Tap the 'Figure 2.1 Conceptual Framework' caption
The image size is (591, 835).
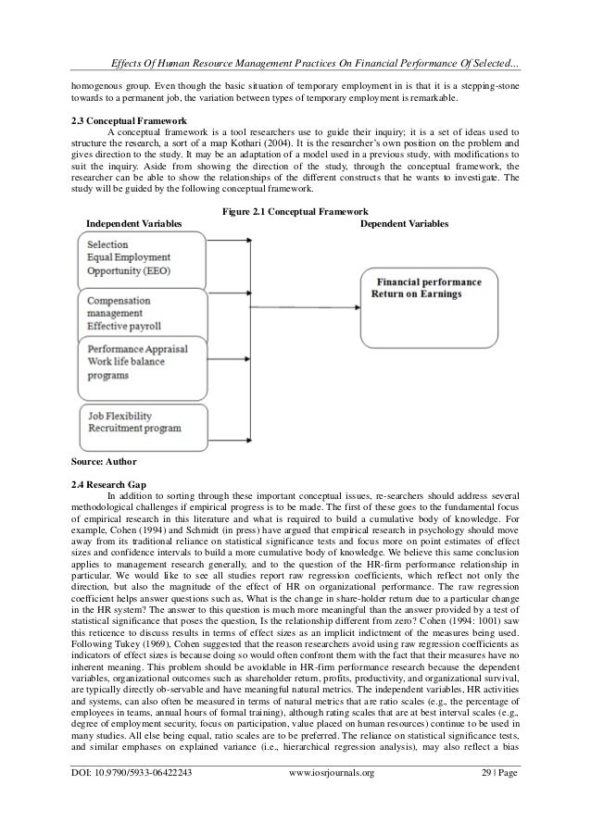pyautogui.click(x=295, y=212)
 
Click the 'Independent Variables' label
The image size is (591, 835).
pyautogui.click(x=133, y=225)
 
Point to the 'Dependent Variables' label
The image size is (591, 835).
pyautogui.click(x=403, y=225)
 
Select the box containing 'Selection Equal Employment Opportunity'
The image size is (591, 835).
pyautogui.click(x=138, y=256)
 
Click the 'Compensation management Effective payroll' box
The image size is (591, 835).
pyautogui.click(x=138, y=312)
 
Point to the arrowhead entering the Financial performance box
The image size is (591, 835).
pyautogui.click(x=358, y=306)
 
